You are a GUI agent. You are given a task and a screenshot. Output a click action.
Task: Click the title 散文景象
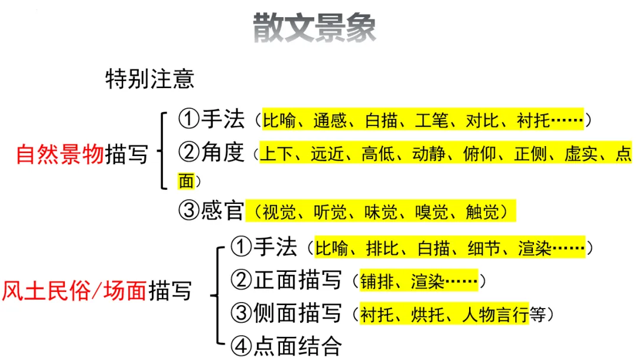coord(314,27)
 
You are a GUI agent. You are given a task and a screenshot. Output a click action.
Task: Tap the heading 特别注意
coord(149,79)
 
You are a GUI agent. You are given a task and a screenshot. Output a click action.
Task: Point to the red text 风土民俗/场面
coord(74,291)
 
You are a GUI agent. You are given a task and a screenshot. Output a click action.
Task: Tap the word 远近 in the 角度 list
coord(327,154)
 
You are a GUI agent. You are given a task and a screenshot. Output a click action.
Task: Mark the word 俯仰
coord(479,154)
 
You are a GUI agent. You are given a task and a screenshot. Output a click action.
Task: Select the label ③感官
coord(211,211)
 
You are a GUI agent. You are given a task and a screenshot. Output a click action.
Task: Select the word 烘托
coord(427,314)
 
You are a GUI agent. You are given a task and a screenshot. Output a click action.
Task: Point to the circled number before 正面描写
coord(242,280)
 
